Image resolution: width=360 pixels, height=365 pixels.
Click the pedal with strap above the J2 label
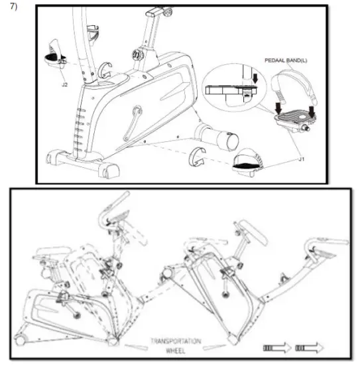coord(56,58)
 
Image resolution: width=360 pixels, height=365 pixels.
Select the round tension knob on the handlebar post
coord(138,54)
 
